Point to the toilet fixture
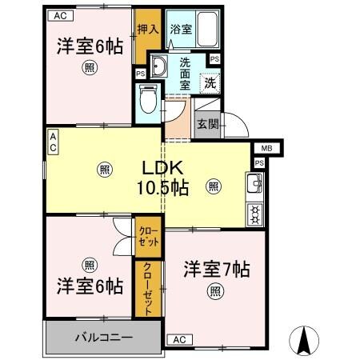click(x=147, y=98)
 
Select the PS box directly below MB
click(x=258, y=163)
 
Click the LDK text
click(x=164, y=169)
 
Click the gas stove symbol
click(x=256, y=213)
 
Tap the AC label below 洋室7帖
click(x=178, y=340)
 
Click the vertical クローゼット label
click(x=147, y=290)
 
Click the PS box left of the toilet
click(x=140, y=74)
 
